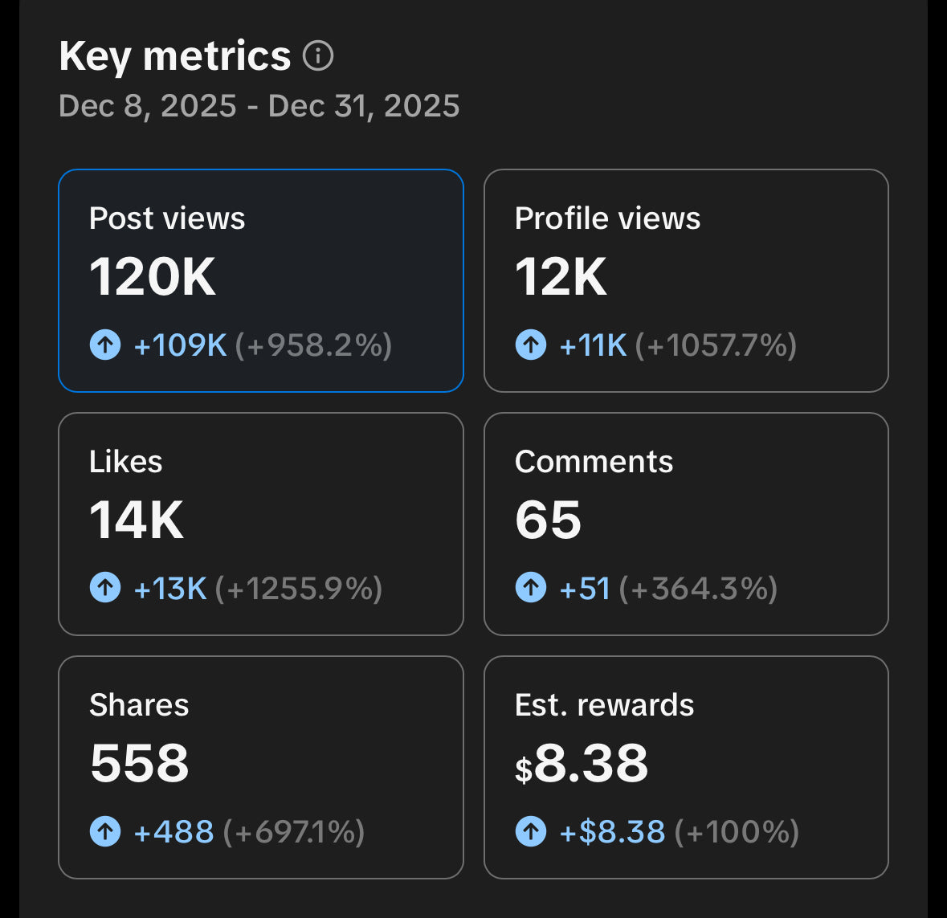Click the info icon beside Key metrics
[x=318, y=56]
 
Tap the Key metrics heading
[x=174, y=56]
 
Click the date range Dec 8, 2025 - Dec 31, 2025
[x=259, y=106]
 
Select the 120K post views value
[x=153, y=277]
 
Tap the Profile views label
[x=607, y=218]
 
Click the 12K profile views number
[x=561, y=277]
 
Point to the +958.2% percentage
[x=313, y=345]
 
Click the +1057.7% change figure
[x=716, y=345]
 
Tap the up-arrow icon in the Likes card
[x=105, y=588]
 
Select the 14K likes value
[x=137, y=520]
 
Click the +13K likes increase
[x=170, y=589]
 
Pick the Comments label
[x=594, y=462]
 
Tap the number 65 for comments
[x=548, y=520]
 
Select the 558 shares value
[x=140, y=763]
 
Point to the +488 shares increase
[x=173, y=832]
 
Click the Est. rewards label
[x=604, y=705]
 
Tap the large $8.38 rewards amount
[x=582, y=763]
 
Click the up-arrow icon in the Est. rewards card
[x=531, y=831]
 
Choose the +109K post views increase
[x=181, y=345]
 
